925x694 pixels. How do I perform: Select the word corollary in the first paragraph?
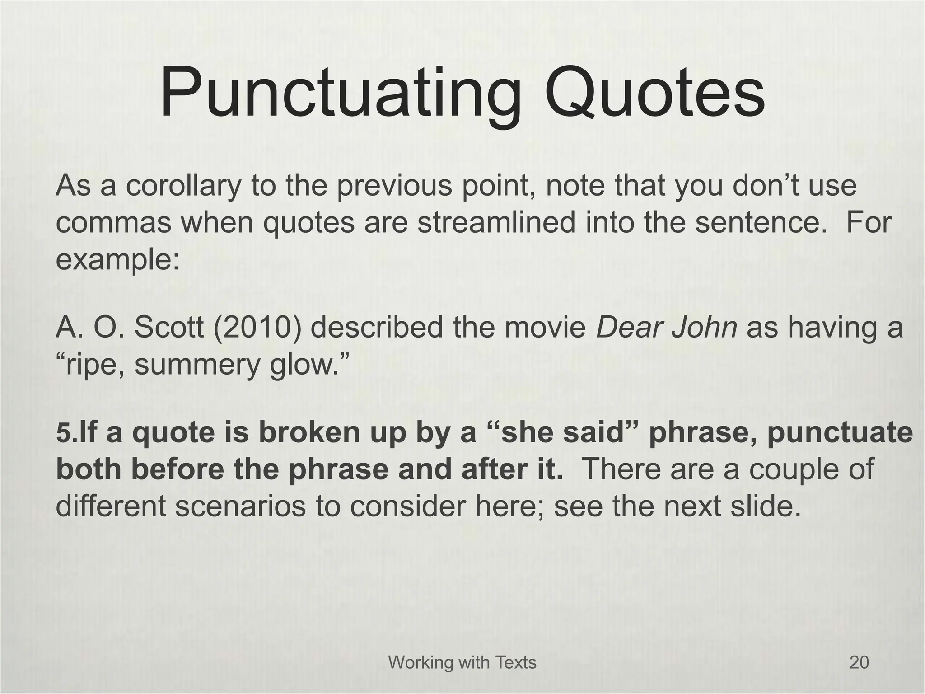point(183,186)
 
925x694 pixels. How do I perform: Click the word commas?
point(113,223)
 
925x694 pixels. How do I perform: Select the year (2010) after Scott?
point(257,327)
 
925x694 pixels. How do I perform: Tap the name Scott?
point(169,327)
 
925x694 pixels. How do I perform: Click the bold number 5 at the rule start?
point(63,432)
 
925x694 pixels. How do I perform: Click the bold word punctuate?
point(840,432)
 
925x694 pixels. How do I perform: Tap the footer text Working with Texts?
point(462,662)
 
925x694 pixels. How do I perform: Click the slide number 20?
point(859,662)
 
